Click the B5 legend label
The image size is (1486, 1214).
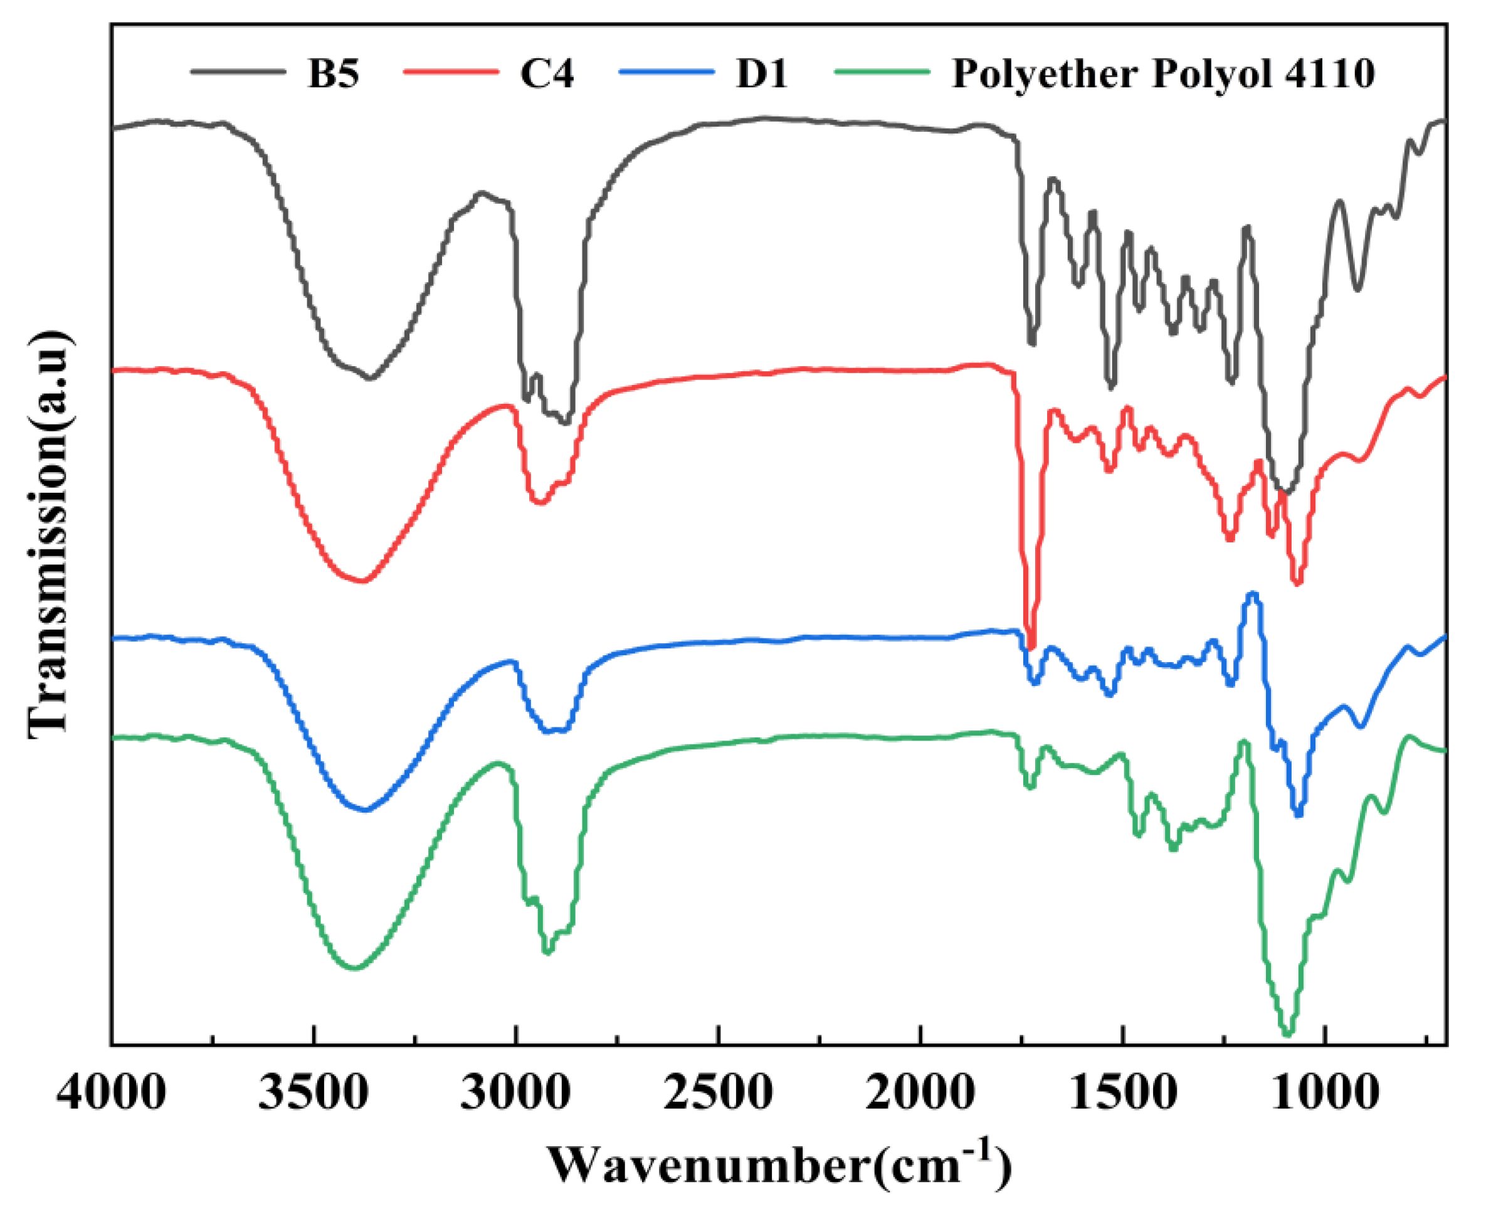(334, 73)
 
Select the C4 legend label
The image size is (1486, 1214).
(547, 73)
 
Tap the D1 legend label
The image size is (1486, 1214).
(762, 73)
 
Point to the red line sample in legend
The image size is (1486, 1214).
(451, 71)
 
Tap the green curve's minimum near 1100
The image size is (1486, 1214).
(1287, 1033)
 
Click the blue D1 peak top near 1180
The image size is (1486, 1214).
(1252, 594)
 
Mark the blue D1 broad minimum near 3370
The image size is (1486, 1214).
(364, 810)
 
